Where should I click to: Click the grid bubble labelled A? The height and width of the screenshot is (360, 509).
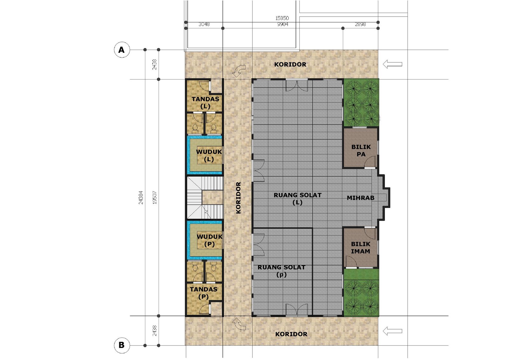[122, 50]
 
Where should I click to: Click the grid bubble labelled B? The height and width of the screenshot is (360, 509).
[122, 345]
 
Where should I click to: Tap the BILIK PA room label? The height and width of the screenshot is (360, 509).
[361, 150]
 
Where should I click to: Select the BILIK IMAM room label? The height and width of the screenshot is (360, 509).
[360, 247]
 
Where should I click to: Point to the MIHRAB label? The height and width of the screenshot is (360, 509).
[360, 198]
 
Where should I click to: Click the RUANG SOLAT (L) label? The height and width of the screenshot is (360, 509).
[297, 198]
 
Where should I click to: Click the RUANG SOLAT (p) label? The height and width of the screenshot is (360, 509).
[281, 271]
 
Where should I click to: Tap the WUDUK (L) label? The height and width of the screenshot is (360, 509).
[209, 155]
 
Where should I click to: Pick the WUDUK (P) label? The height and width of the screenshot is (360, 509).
[209, 240]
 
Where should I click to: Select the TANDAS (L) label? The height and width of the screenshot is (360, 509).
[205, 102]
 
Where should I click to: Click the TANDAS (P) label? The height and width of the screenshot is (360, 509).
[204, 293]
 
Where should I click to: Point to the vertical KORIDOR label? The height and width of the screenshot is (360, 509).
[238, 197]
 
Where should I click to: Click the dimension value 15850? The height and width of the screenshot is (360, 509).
[282, 18]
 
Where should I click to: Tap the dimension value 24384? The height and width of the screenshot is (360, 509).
[141, 197]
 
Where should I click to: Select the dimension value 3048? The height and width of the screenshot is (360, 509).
[204, 24]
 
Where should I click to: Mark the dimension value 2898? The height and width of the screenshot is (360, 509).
[360, 24]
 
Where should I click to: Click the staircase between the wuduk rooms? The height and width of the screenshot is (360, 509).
[205, 197]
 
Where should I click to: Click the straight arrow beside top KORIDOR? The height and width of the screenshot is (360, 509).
[392, 64]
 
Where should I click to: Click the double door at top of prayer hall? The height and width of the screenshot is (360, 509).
[296, 86]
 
